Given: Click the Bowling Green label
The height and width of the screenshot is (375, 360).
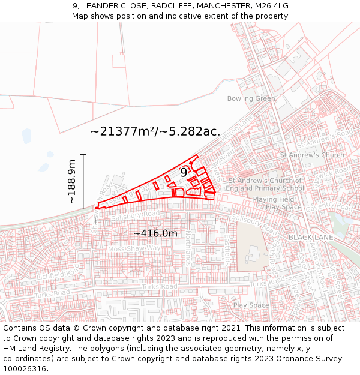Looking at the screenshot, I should click(x=251, y=98).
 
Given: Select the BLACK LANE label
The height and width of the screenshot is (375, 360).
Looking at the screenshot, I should click(x=311, y=238).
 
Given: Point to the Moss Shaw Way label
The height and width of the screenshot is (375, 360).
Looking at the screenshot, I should click(x=135, y=248).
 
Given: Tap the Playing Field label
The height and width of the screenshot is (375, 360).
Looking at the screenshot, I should click(x=273, y=199).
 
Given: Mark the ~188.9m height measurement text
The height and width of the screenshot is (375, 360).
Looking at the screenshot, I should click(x=72, y=181).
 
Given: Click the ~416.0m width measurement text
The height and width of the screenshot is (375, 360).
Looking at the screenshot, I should click(x=155, y=233).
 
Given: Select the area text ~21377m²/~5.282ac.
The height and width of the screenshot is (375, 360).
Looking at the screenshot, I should click(x=155, y=131).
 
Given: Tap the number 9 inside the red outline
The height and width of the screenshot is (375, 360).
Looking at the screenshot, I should click(x=184, y=173).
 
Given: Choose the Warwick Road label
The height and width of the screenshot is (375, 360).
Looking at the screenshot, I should click(x=334, y=177).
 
